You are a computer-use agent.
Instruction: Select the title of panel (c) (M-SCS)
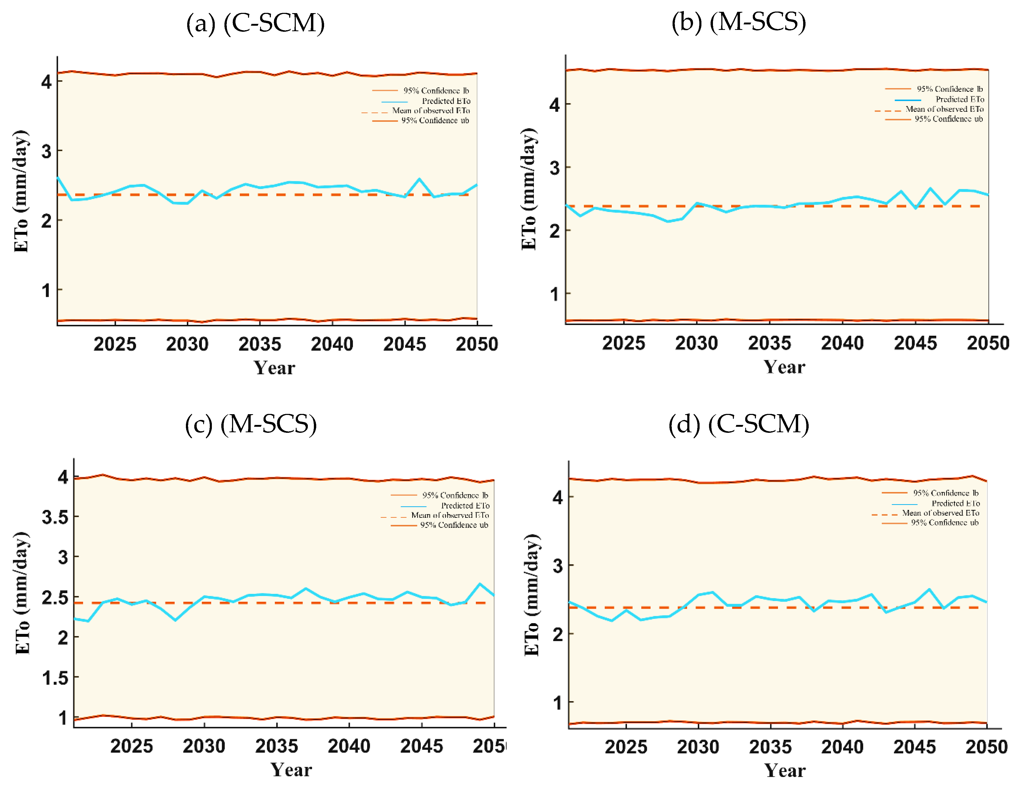click(x=251, y=424)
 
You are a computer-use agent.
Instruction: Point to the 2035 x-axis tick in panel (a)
click(x=260, y=344)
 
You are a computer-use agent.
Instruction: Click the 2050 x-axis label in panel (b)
click(x=987, y=343)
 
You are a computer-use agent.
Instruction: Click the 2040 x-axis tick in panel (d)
click(x=842, y=747)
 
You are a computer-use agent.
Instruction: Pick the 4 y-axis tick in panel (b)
click(x=554, y=105)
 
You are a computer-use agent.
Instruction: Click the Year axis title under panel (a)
click(x=274, y=368)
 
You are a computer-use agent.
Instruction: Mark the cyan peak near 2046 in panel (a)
click(x=419, y=179)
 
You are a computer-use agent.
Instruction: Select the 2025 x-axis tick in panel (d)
click(x=626, y=747)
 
